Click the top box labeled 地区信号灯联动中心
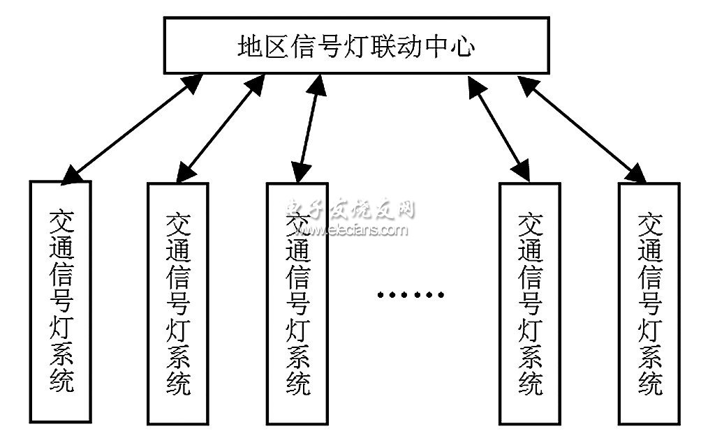coord(356,46)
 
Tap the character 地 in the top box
coord(249,47)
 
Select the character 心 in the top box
coord(462,47)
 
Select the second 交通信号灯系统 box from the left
coord(177,303)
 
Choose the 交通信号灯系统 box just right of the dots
coord(529,303)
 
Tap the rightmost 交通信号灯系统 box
coord(649,303)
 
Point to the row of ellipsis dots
coord(411,294)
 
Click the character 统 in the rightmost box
coord(650,381)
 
